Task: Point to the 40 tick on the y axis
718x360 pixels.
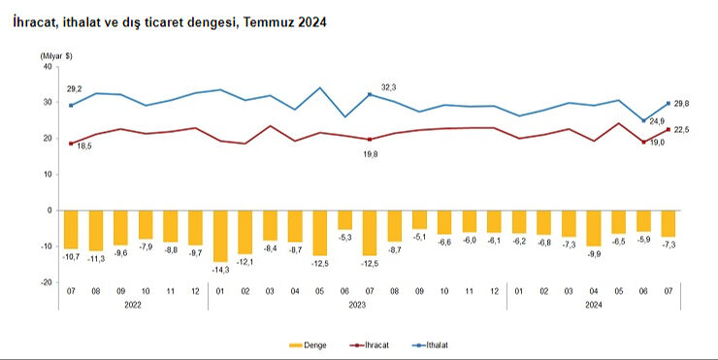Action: pyautogui.click(x=46, y=66)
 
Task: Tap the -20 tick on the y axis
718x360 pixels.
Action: pyautogui.click(x=45, y=282)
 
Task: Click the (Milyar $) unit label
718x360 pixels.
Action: pyautogui.click(x=55, y=55)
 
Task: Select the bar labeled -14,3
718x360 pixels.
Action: pyautogui.click(x=221, y=235)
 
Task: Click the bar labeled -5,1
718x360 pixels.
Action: pyautogui.click(x=419, y=219)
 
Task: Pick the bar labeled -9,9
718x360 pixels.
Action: pyautogui.click(x=594, y=227)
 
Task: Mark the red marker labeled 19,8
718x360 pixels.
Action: pyautogui.click(x=370, y=139)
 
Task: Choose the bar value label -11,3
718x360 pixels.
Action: pyautogui.click(x=96, y=259)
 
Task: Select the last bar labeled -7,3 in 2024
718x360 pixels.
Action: pyautogui.click(x=669, y=223)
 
